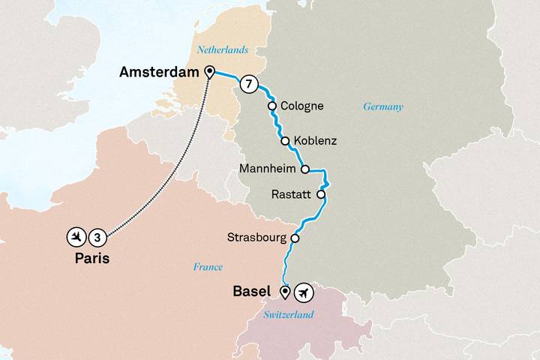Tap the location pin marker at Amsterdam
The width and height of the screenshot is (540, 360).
[209, 72]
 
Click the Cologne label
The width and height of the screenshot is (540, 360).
[301, 106]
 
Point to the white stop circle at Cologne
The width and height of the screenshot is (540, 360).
[273, 106]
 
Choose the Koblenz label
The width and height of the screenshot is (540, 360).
[316, 140]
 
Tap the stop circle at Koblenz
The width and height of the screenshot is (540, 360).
[285, 140]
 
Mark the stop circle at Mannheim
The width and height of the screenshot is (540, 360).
[305, 169]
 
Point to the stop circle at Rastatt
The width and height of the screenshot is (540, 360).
[321, 194]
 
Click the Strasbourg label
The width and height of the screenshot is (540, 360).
[256, 238]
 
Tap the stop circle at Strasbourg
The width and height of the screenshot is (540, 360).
[295, 238]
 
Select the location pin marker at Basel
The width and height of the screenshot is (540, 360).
[285, 291]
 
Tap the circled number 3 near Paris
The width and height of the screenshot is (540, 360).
[98, 237]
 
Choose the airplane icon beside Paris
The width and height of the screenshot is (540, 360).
[76, 237]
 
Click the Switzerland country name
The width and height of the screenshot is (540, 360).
[289, 315]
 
